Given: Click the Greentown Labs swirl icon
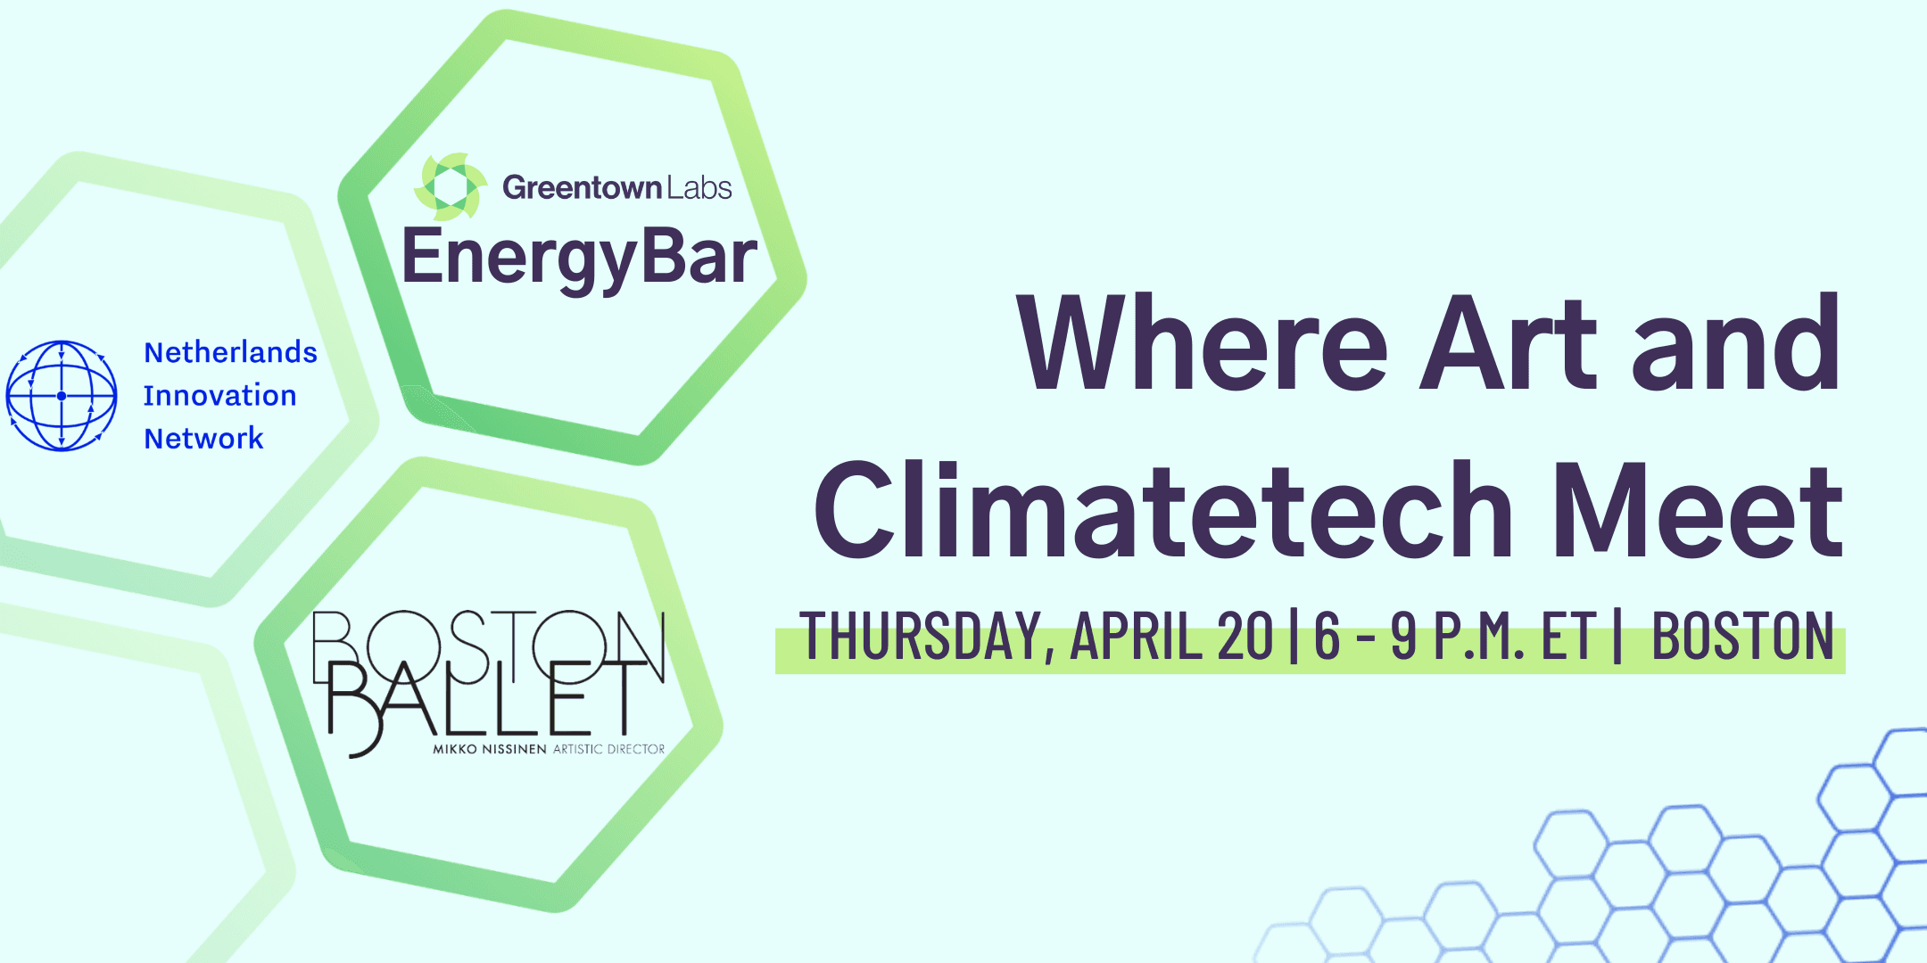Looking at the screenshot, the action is (451, 186).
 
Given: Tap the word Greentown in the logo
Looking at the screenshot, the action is (583, 187).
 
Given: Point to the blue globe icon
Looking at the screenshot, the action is (62, 396).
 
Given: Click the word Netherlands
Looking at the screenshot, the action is (230, 352).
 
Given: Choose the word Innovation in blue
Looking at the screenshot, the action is (219, 395).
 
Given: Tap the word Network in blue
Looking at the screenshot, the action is (203, 438).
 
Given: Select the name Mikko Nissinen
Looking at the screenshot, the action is (489, 749).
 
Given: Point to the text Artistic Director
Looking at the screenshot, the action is (609, 749).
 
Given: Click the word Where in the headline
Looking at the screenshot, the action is (1203, 344).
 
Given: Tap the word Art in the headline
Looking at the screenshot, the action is (1508, 344).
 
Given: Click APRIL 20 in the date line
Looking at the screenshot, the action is (1172, 637).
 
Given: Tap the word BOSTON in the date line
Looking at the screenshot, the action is (1743, 637).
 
